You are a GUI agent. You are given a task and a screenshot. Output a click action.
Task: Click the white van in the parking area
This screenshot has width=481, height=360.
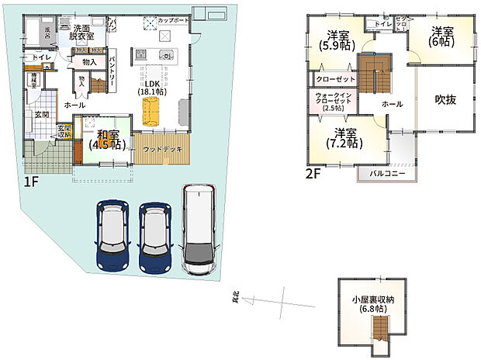click(x=201, y=230)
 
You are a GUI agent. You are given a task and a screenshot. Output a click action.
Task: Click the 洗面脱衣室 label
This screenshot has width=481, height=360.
click(x=79, y=32)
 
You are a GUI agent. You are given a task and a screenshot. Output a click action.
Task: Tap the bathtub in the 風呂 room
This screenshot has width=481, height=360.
click(x=37, y=34)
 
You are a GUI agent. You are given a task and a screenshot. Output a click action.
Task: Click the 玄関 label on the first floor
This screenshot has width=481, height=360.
click(x=41, y=115)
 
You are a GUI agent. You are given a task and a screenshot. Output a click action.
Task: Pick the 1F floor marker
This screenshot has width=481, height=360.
click(x=32, y=183)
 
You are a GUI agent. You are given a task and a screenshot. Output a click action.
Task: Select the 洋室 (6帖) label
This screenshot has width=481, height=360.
click(x=442, y=36)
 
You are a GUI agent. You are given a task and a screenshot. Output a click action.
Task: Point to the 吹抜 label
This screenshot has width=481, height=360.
click(x=445, y=99)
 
